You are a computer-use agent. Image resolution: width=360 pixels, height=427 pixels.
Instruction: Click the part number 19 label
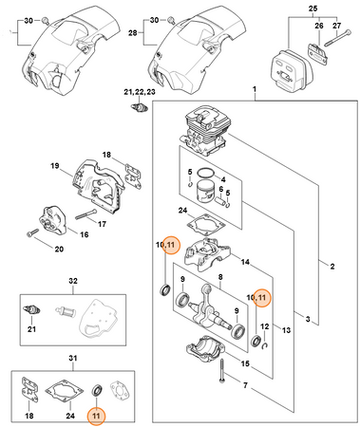click(55, 165)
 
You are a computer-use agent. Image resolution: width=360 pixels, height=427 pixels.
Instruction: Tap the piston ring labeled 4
click(205, 173)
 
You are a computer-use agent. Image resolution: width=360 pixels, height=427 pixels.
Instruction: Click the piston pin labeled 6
click(220, 200)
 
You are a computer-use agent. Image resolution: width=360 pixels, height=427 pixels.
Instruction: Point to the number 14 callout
click(245, 262)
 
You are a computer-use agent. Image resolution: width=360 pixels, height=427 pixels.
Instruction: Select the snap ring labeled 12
click(265, 346)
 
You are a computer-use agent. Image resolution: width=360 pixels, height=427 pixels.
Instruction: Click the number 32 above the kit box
click(73, 281)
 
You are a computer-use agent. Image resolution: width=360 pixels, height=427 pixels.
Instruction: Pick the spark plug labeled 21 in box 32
click(31, 310)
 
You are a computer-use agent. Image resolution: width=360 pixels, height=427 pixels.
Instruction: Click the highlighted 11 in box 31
click(96, 416)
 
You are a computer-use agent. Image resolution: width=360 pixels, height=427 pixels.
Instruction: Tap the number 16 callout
click(84, 234)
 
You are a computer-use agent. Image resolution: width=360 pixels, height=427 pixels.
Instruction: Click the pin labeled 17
click(85, 214)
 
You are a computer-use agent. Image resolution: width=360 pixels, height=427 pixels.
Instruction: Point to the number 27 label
click(336, 25)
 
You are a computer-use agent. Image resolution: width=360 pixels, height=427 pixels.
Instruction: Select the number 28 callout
click(133, 32)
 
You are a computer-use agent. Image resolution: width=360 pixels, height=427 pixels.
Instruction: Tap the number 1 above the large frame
click(255, 89)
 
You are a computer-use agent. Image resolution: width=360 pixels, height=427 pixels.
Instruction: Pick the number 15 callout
click(245, 363)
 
